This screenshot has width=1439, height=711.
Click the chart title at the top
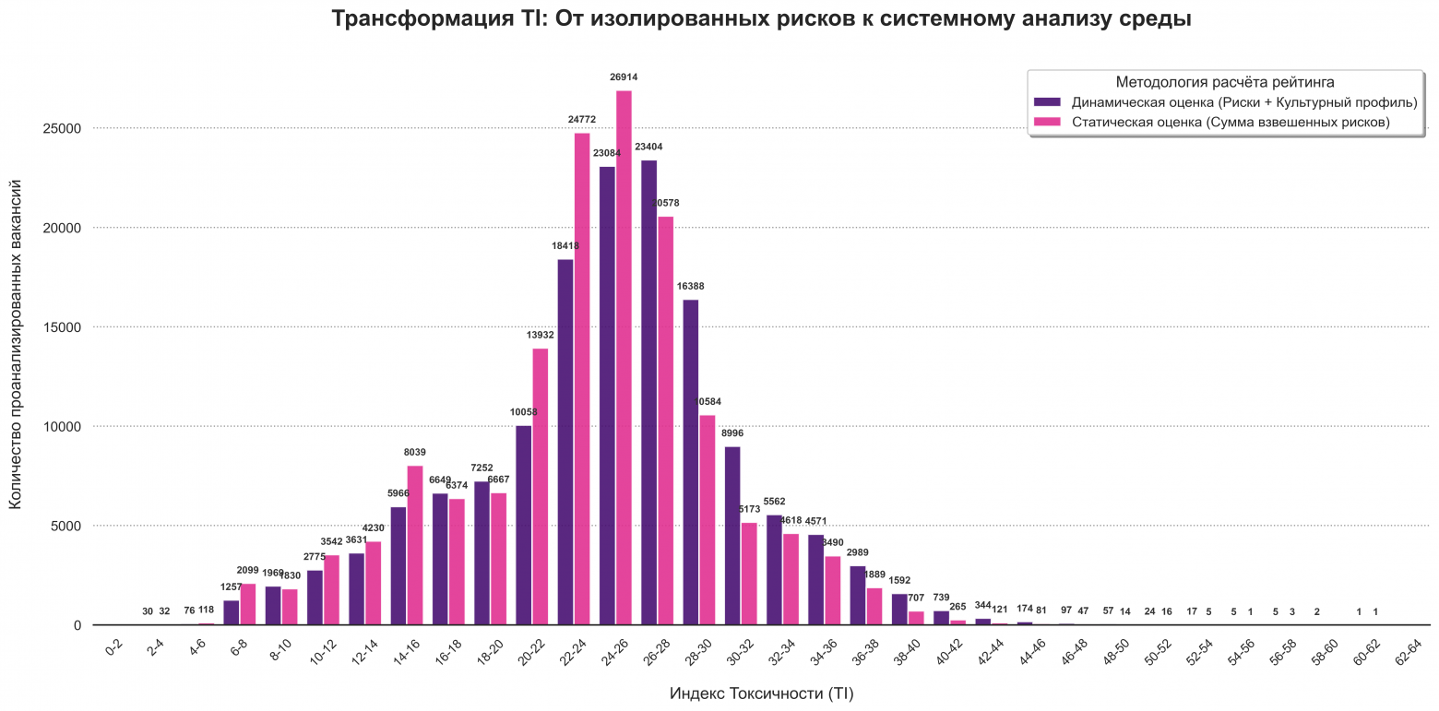(761, 18)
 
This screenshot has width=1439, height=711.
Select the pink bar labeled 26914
(624, 360)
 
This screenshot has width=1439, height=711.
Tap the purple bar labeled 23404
(649, 392)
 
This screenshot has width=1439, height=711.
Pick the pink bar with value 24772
(582, 378)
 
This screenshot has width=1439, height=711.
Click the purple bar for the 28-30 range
(691, 461)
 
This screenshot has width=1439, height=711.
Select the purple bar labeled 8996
(732, 535)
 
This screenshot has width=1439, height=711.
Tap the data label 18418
(565, 246)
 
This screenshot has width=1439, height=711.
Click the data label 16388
(691, 287)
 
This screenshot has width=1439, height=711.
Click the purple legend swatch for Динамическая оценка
(1047, 101)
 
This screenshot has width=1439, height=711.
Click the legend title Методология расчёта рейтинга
(1225, 82)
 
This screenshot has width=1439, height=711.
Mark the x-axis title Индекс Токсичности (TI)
(767, 693)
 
